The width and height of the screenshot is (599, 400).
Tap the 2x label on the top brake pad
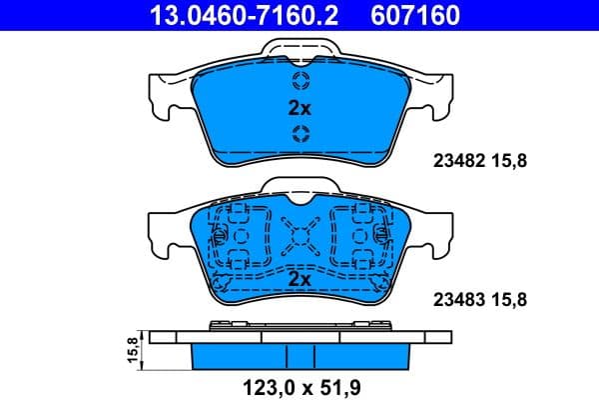(x=300, y=107)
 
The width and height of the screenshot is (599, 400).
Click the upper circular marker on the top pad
(x=300, y=81)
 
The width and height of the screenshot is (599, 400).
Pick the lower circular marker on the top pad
(x=300, y=134)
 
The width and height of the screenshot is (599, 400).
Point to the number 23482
(x=455, y=157)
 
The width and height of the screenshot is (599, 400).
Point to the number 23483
(x=455, y=298)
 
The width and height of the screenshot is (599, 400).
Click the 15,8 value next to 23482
(x=510, y=157)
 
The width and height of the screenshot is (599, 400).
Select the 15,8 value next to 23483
(x=510, y=298)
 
